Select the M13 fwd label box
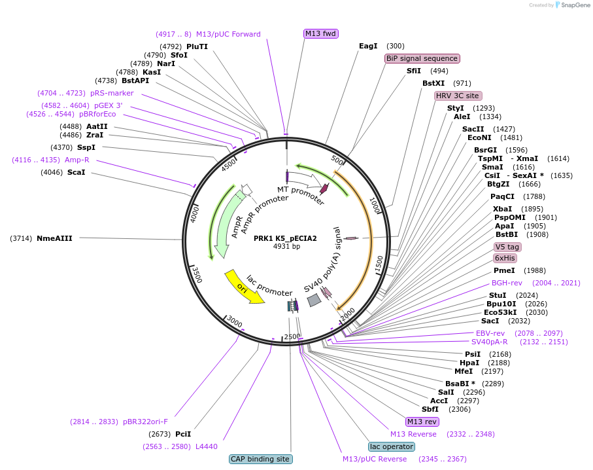point(321,33)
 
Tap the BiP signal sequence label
point(422,58)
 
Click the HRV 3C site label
point(458,96)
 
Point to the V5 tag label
point(507,247)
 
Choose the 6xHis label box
point(505,258)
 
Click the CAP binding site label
point(261,459)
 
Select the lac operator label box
point(392,446)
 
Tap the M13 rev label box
point(422,422)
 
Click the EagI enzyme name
point(368,46)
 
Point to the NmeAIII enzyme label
point(54,238)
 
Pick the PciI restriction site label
point(183,434)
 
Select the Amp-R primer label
point(77,160)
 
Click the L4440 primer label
point(206,446)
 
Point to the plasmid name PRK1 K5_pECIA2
point(285,238)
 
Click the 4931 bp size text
point(286,247)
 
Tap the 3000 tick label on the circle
point(234,324)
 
